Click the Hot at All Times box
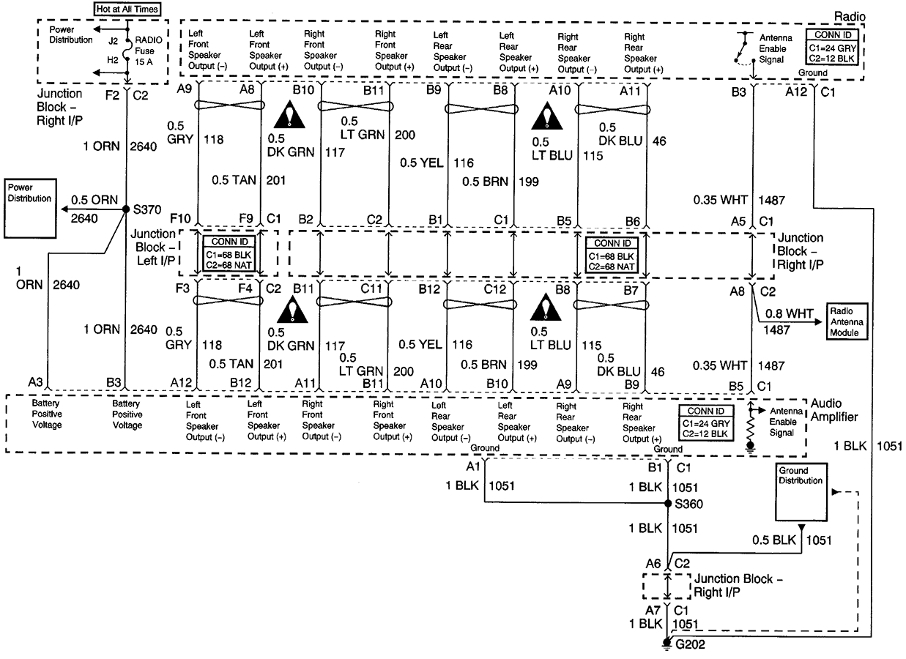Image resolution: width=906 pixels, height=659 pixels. tap(127, 9)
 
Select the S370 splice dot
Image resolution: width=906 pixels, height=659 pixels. tap(126, 209)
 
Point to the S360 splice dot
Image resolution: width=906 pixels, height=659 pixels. tap(668, 504)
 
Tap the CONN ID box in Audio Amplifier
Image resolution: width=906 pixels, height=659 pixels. tap(705, 422)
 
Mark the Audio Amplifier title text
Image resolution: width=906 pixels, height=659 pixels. tap(834, 411)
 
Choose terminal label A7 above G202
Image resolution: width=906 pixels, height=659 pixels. tap(653, 610)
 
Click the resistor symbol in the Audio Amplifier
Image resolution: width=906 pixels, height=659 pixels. tap(750, 431)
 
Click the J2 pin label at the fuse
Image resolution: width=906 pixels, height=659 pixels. tap(111, 42)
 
